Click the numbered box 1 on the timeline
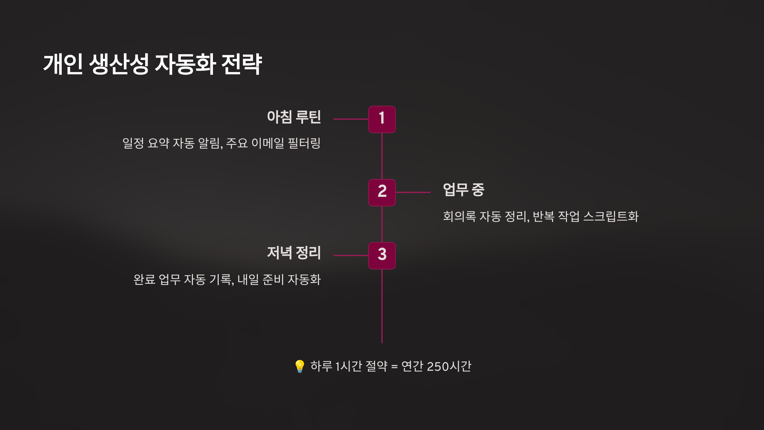tap(382, 119)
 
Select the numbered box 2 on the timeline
tap(382, 192)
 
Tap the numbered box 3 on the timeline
tap(382, 255)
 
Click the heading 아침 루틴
tap(294, 117)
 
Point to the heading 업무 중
tap(463, 190)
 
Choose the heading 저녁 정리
tap(294, 253)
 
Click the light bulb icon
tap(300, 366)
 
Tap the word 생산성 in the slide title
tap(119, 64)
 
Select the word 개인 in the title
tap(63, 64)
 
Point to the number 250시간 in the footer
tap(449, 366)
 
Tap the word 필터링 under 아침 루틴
tap(304, 143)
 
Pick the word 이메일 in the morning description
tap(268, 143)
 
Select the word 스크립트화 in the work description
tap(611, 217)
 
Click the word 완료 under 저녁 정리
tap(144, 280)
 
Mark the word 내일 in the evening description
tap(248, 280)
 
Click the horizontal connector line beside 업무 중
tap(413, 192)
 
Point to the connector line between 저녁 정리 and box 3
tap(351, 255)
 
